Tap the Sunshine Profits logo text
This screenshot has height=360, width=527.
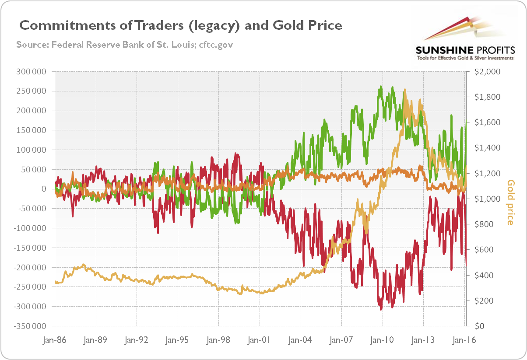[x=465, y=49]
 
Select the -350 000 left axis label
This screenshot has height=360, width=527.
[x=31, y=326]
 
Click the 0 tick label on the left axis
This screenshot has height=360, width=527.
[x=44, y=189]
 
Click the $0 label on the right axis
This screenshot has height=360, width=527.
[x=475, y=326]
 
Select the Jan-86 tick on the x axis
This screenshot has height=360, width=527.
[x=55, y=339]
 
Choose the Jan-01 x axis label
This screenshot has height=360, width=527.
[x=260, y=339]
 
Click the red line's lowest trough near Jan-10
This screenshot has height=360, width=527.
[x=381, y=309]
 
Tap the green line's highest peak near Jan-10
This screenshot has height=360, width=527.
[x=382, y=86]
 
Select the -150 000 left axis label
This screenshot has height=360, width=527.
[x=31, y=248]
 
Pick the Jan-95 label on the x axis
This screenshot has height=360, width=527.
[x=178, y=339]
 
